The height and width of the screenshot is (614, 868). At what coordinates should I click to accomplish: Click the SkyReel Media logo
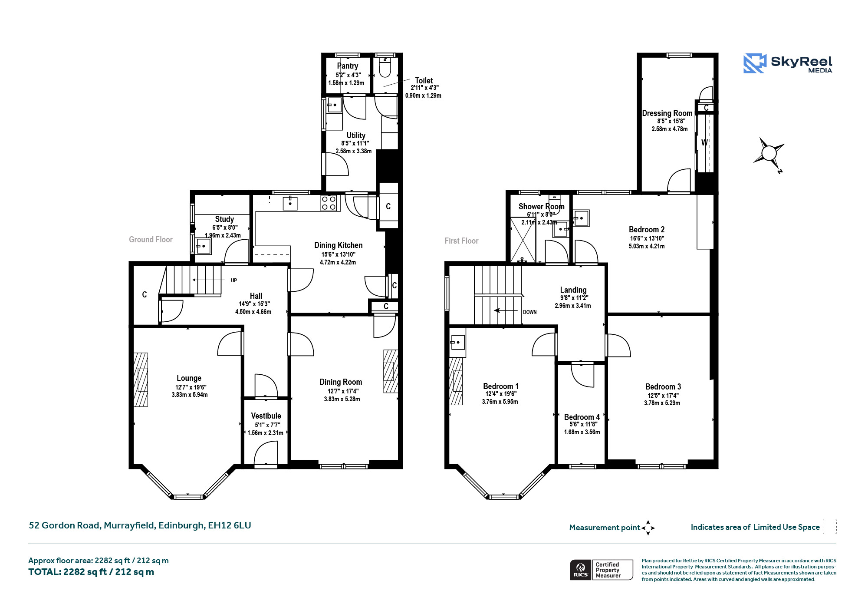click(788, 63)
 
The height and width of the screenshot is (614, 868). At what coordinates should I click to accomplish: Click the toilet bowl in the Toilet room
click(385, 67)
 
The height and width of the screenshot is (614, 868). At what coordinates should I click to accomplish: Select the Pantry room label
click(348, 66)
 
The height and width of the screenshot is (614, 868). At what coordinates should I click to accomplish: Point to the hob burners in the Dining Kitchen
click(329, 203)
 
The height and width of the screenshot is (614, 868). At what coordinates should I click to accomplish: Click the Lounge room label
click(189, 378)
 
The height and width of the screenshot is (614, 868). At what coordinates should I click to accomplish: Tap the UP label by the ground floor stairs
click(234, 281)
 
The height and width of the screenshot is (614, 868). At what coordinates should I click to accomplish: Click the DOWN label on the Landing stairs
click(530, 312)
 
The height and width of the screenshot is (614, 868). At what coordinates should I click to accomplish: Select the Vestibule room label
click(266, 416)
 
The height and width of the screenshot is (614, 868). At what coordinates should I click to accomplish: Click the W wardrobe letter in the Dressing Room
click(704, 142)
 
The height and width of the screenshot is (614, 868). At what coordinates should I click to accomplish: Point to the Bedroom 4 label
click(582, 417)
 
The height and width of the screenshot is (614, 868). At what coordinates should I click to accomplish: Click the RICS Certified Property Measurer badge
click(602, 570)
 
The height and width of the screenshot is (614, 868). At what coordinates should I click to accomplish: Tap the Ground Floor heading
click(151, 240)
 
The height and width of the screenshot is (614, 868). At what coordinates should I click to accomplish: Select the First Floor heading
click(461, 241)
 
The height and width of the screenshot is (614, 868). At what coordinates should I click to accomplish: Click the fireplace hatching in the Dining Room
click(390, 371)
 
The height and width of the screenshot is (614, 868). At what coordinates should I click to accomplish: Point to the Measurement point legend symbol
click(648, 528)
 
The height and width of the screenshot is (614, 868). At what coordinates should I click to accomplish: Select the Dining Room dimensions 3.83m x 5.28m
click(342, 399)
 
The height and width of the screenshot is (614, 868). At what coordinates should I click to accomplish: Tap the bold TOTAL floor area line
click(91, 572)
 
